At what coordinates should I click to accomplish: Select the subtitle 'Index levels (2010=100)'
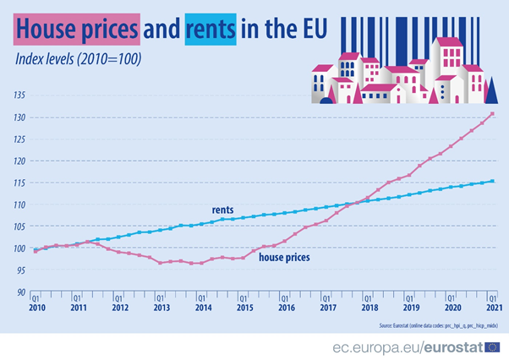point(78,58)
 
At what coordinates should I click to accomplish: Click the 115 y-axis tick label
point(19,183)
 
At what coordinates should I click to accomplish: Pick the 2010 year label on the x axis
point(36,308)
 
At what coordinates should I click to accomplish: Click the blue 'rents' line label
point(222,210)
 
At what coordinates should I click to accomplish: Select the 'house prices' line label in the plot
point(284,256)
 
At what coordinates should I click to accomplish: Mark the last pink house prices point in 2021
point(492,114)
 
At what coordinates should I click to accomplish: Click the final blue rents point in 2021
point(492,181)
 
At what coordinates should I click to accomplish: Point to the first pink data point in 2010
point(36,251)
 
